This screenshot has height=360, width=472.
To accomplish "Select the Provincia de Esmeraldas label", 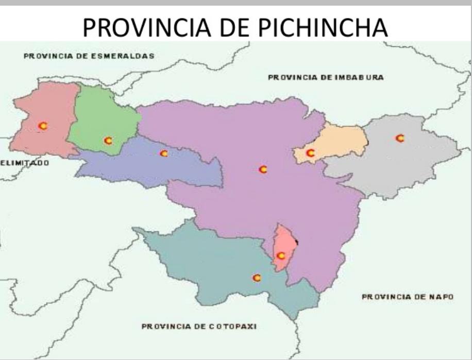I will pyautogui.click(x=89, y=56).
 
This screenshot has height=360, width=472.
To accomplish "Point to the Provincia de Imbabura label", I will pyautogui.click(x=326, y=77).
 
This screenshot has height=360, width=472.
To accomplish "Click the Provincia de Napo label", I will pyautogui.click(x=407, y=297).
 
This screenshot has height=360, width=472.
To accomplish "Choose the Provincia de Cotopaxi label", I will pyautogui.click(x=199, y=326).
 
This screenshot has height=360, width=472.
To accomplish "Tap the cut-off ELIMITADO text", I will pyautogui.click(x=25, y=163).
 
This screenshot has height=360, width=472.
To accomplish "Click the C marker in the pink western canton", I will pyautogui.click(x=43, y=125).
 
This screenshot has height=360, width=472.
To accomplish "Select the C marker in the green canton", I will pyautogui.click(x=108, y=140).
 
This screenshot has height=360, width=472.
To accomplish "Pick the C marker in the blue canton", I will pyautogui.click(x=164, y=153).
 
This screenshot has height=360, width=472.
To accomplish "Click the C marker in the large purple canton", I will pyautogui.click(x=263, y=169).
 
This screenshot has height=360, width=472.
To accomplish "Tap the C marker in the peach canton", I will pyautogui.click(x=310, y=152).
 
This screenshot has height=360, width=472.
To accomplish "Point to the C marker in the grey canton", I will pyautogui.click(x=399, y=138).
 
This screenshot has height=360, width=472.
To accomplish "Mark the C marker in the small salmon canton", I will pyautogui.click(x=281, y=255).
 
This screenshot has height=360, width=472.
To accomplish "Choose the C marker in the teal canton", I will pyautogui.click(x=257, y=278).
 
